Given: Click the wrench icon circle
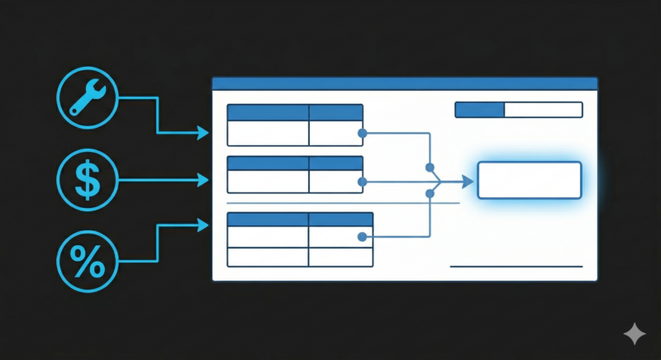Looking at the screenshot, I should coord(87,97).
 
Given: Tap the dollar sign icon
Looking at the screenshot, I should coord(87,179).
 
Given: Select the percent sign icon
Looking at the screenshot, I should coord(87,261).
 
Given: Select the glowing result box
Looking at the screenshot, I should coord(530,180).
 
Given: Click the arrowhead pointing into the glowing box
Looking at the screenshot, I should coord(469,181).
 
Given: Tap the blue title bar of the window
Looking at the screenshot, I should coord(404,83).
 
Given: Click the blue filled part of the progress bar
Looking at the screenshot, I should coord(479,110).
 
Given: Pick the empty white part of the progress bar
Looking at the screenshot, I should coord(543,110).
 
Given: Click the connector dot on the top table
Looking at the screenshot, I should coord(362,132).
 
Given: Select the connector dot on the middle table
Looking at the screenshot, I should coord(362,181).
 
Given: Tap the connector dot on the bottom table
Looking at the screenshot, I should coord(362,238).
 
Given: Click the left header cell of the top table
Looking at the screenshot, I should coord(268,112).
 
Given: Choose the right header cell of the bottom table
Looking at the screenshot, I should coord(340,220).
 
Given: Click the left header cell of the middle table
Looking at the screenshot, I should coord(268,163).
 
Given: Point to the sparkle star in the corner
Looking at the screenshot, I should coord(635,334).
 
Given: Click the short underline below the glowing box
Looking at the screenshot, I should coord(516,267).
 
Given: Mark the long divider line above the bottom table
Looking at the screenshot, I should coord(342,203).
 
